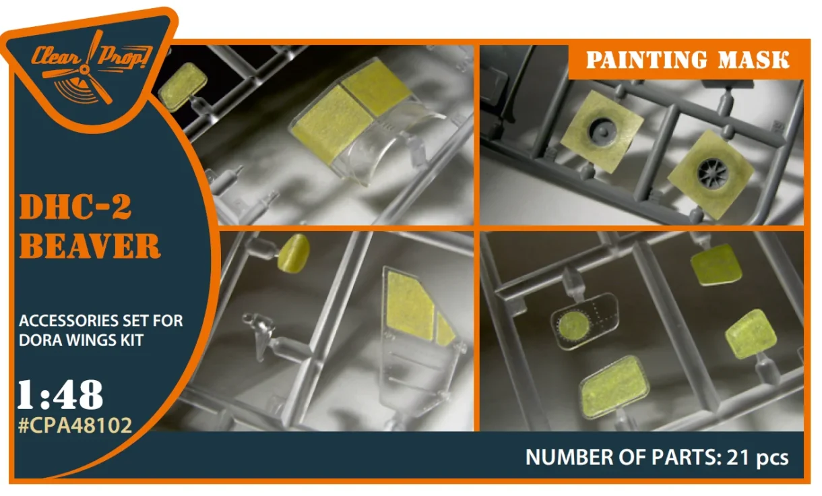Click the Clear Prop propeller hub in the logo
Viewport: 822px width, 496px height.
[x=85, y=69]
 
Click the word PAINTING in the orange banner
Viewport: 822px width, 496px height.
[x=647, y=59]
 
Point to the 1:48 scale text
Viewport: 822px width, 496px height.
[x=60, y=394]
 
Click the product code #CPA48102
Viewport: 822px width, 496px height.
[x=75, y=425]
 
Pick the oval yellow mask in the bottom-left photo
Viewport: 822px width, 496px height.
[x=294, y=253]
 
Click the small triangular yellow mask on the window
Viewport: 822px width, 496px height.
[x=445, y=329]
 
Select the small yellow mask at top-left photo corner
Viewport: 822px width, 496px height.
[x=183, y=87]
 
